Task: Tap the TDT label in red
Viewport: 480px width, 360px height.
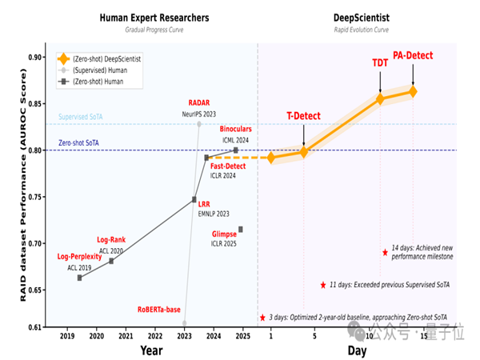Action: point(380,62)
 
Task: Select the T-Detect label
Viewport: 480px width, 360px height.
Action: point(303,116)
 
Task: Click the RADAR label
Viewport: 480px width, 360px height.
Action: point(198,103)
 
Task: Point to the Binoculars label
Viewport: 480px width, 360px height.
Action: point(236,129)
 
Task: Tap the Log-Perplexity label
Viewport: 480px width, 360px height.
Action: point(79,257)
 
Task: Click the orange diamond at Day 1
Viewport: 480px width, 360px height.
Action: point(271,158)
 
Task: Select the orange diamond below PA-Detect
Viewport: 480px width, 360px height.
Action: point(413,91)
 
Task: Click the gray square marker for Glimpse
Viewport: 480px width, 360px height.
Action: point(240,230)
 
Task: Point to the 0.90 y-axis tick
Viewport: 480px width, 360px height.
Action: point(37,58)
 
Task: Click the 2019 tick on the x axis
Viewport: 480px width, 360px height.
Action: point(67,337)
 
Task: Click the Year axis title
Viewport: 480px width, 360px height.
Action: point(151,350)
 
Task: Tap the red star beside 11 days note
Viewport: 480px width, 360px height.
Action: point(322,285)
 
